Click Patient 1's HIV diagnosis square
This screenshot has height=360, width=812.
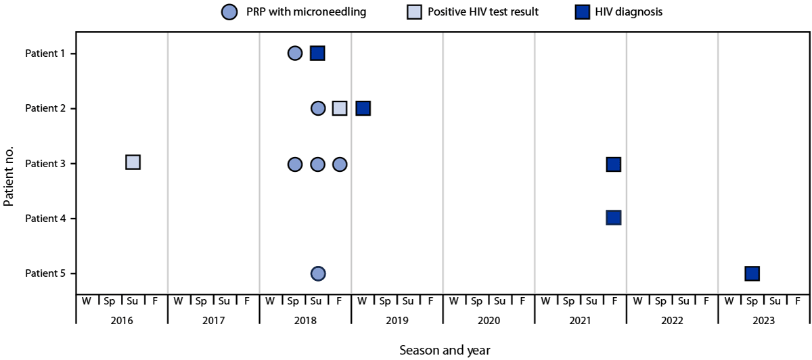pos(317,53)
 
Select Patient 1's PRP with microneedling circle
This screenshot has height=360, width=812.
pos(294,53)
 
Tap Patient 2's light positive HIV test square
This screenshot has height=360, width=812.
pos(340,108)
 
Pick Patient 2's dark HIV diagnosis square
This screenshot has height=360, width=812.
pos(363,108)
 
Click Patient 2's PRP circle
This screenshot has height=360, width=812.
pos(318,108)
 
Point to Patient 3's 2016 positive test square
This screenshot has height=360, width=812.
pos(133,162)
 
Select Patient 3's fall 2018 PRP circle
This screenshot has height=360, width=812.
pos(340,164)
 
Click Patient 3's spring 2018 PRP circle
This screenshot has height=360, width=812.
pos(294,164)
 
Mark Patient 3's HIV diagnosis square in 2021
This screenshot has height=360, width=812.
pos(614,164)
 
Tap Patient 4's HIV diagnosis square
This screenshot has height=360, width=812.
pos(614,218)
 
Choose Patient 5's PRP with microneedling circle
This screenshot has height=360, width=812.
pos(318,273)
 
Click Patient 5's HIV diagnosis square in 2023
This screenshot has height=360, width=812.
pos(752,273)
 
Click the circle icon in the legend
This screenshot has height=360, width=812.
pos(230,12)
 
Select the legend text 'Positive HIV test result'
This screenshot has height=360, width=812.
pos(483,12)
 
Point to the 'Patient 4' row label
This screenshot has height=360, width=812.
pos(45,219)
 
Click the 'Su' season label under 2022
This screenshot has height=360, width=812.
pos(683,300)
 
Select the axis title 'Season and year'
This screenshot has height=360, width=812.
pos(445,350)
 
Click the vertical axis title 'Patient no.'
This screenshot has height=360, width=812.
pos(9,163)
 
